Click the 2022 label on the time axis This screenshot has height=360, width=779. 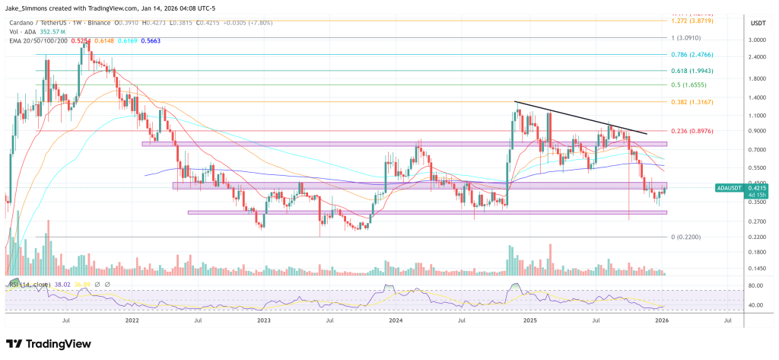click(132, 320)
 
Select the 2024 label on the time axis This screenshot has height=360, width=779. click(396, 320)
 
